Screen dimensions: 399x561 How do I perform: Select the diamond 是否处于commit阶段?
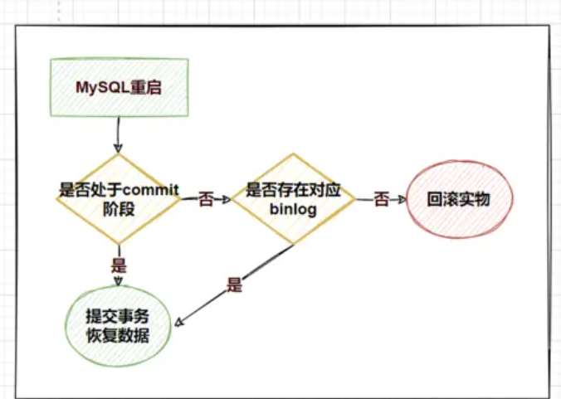tap(119, 198)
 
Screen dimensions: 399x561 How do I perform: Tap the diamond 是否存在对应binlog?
tap(293, 199)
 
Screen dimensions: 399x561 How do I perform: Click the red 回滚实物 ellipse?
tap(459, 199)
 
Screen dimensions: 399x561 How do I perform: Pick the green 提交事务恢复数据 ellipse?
tap(118, 327)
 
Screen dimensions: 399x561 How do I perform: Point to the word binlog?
tap(294, 210)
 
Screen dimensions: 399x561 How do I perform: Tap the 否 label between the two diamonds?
tap(206, 201)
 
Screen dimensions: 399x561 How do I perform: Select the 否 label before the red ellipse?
tap(381, 200)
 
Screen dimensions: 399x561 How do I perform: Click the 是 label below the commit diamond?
tap(118, 267)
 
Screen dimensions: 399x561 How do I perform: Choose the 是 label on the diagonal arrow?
tap(234, 286)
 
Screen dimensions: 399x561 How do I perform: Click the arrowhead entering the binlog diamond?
tap(227, 200)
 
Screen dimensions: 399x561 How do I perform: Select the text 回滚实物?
tap(459, 200)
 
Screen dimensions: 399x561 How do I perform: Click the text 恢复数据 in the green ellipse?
tap(118, 336)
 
